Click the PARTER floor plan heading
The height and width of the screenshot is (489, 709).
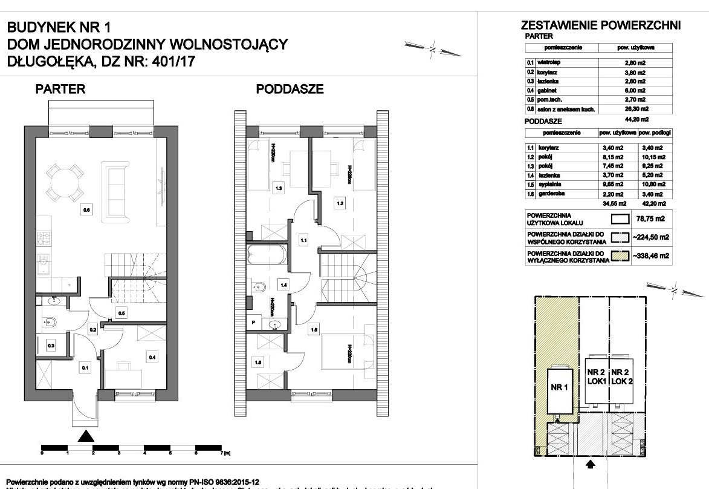tap(60, 90)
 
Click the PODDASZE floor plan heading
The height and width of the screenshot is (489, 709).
tap(290, 90)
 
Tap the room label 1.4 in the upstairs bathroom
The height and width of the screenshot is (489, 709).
tap(282, 284)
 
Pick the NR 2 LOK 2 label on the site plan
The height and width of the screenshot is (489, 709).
tap(622, 376)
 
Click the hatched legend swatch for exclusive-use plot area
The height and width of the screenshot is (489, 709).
tap(618, 256)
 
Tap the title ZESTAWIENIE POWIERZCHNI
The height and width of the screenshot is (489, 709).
tap(601, 25)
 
